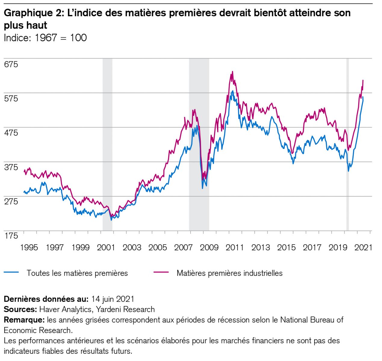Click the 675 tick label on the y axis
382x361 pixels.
coord(11,64)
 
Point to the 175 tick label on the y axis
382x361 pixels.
coord(11,236)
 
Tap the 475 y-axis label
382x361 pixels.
coord(11,133)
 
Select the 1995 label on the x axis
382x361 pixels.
coord(29,247)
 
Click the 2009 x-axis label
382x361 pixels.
coord(209,247)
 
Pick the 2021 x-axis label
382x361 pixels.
coord(363,247)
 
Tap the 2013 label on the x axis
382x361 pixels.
coord(260,247)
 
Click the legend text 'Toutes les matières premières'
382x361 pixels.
coord(77,273)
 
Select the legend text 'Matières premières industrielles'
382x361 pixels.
coord(229,273)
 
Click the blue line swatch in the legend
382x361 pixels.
coord(11,272)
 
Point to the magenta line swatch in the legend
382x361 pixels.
coord(161,272)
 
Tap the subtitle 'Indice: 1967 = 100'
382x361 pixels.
coord(45,38)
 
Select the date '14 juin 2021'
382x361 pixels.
coord(113,299)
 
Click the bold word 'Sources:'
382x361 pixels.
coord(20,309)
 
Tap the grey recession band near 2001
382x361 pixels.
coord(107,144)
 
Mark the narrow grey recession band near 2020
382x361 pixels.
coord(348,144)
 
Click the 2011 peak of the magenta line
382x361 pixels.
coord(232,72)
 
